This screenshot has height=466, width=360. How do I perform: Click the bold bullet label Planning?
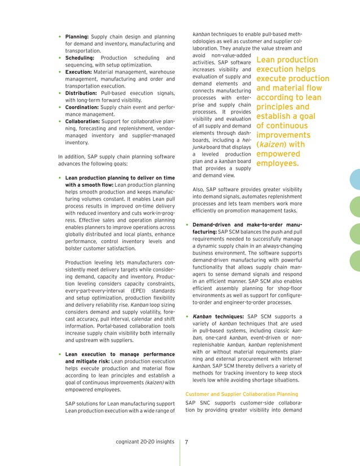click(78, 37)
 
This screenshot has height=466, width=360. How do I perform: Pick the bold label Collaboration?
click(84, 121)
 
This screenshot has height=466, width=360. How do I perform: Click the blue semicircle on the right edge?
click(354, 179)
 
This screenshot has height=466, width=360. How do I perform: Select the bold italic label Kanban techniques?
click(217, 317)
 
